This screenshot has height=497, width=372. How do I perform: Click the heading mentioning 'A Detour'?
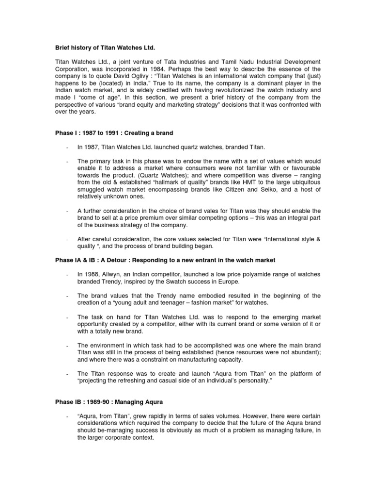pos(165,261)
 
